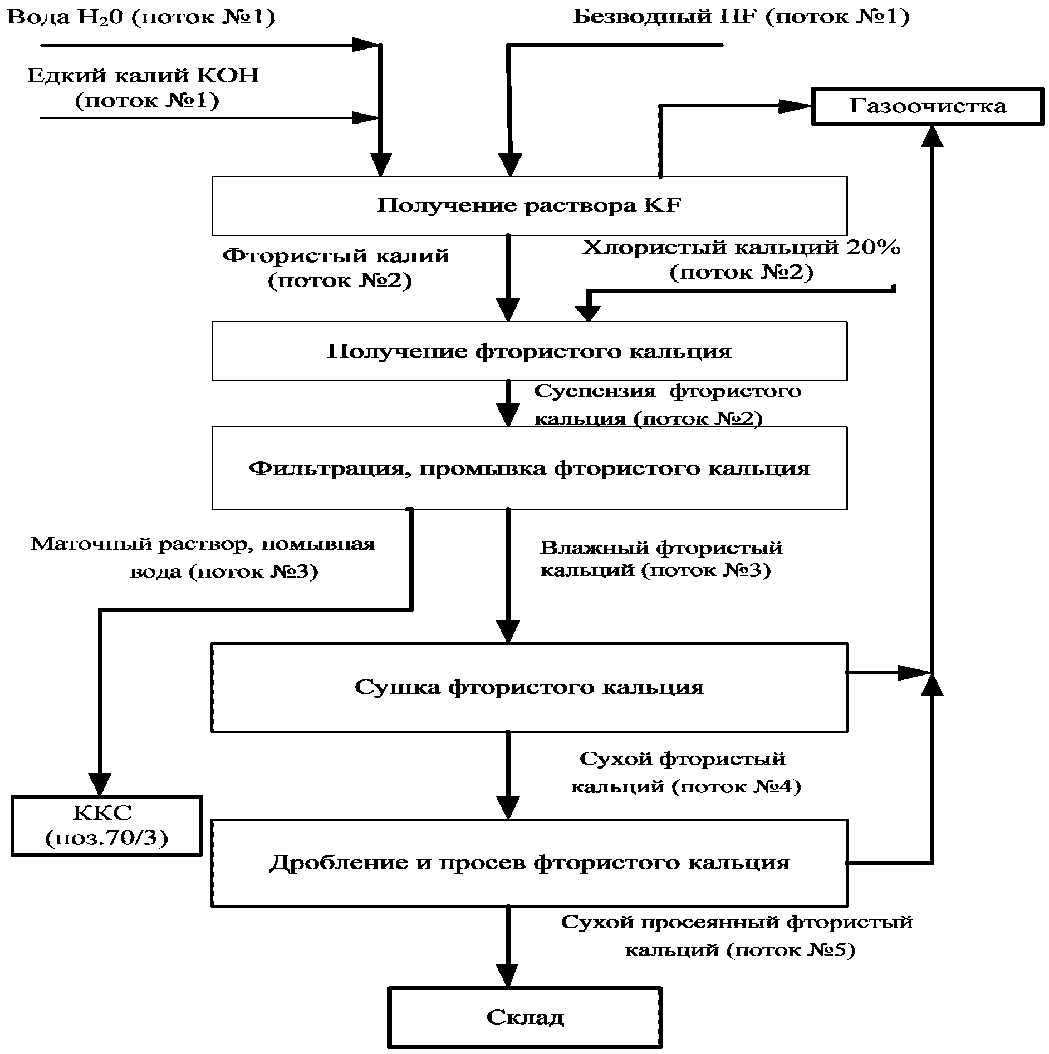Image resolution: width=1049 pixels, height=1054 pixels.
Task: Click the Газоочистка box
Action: coord(927,106)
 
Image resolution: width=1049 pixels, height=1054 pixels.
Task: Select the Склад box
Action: coord(525,1018)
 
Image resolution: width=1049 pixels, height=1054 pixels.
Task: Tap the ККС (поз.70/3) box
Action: coord(106,825)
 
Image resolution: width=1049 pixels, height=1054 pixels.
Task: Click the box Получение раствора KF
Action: coord(530,206)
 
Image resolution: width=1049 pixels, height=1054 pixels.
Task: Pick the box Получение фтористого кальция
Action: coord(530,351)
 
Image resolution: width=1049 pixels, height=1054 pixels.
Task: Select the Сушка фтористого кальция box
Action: coord(530,687)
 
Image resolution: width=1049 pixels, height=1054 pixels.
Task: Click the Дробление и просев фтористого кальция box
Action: coord(530,863)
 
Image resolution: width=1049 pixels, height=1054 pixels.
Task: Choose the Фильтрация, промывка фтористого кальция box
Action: coord(530,468)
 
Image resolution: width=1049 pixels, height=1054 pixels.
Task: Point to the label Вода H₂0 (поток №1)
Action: coord(141,17)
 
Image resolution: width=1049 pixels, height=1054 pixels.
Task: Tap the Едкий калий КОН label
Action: coord(144,75)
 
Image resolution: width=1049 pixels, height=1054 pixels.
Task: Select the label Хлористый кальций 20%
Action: coord(741,247)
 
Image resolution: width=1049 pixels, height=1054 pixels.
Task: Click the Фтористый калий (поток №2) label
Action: coord(336,268)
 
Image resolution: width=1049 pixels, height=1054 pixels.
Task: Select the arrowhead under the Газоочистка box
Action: coord(932,136)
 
